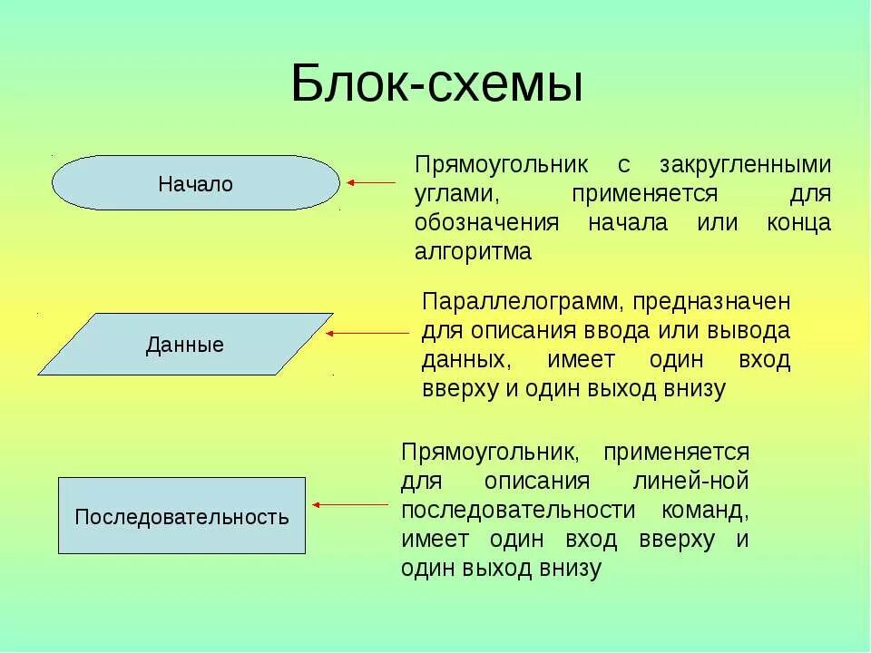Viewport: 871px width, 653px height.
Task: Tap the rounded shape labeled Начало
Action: point(195,183)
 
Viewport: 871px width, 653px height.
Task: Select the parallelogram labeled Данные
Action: point(185,345)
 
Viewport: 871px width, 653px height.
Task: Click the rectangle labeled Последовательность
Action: point(181,516)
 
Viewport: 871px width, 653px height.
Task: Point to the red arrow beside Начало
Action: point(372,183)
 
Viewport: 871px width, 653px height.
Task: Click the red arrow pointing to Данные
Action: point(367,334)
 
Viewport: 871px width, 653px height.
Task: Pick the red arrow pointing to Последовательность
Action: point(354,504)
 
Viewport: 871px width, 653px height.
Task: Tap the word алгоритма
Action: point(473,251)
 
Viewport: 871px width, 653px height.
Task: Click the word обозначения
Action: point(486,223)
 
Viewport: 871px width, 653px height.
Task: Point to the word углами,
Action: point(458,194)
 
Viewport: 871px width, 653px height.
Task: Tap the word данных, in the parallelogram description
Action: point(464,359)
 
